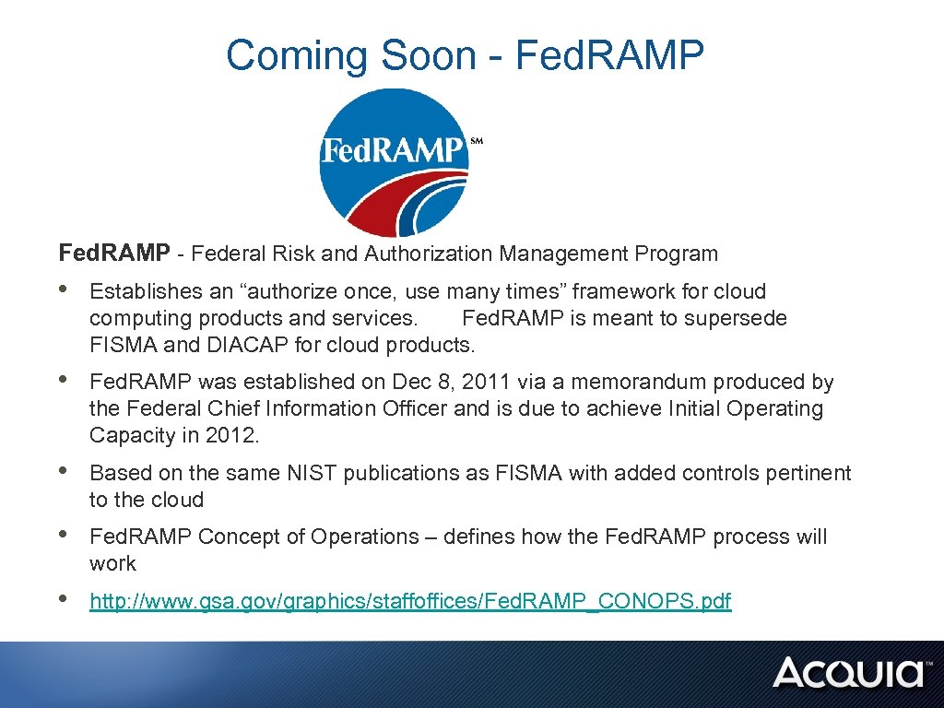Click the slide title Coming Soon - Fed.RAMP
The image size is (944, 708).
click(465, 55)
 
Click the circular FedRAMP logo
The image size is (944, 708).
click(394, 161)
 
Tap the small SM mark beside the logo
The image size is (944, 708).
click(477, 142)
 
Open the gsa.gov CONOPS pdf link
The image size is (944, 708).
click(410, 602)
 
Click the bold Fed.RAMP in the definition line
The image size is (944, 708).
click(114, 253)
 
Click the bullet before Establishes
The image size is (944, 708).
click(64, 291)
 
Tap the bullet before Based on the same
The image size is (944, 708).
click(64, 473)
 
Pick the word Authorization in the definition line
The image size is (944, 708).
click(428, 253)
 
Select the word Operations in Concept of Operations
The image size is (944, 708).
click(364, 537)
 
